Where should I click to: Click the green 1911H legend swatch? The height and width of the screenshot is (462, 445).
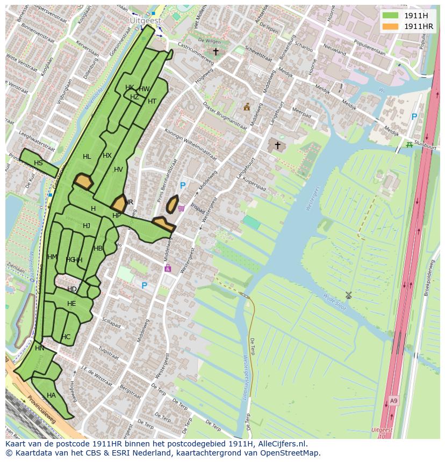[x=391, y=15]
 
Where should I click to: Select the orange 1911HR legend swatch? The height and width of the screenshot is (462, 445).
[x=391, y=26]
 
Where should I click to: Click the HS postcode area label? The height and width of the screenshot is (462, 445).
[x=38, y=163]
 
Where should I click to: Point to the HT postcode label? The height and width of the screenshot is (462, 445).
[x=152, y=101]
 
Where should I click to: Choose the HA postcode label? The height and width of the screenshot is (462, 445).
[x=51, y=395]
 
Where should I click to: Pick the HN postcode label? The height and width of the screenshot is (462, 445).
[x=40, y=348]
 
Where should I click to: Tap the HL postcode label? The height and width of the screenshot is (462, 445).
[x=87, y=157]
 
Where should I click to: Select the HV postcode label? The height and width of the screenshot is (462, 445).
[x=118, y=170]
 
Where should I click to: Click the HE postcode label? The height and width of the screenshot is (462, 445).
[x=71, y=304]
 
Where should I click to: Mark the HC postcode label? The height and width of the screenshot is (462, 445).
[x=66, y=337]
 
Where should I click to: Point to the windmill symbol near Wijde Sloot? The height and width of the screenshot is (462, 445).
[x=348, y=295]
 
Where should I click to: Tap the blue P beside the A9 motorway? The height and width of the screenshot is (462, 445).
[x=414, y=116]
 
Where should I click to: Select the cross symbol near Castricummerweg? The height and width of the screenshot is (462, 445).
[x=216, y=52]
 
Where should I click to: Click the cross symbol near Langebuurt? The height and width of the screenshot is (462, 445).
[x=277, y=145]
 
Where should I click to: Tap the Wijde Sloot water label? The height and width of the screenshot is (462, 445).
[x=336, y=302]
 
